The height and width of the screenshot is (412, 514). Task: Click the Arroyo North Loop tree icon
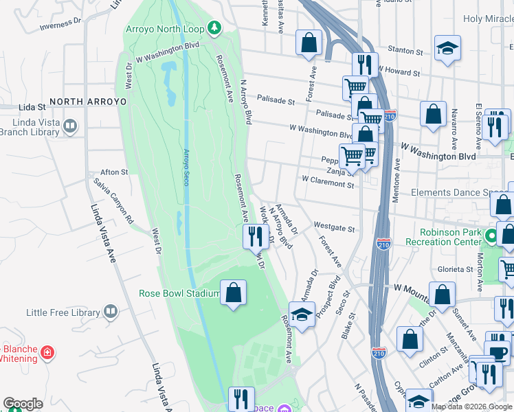point(216,27)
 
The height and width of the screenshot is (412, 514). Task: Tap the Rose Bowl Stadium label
point(178,293)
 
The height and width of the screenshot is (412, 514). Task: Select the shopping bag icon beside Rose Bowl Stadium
point(234,293)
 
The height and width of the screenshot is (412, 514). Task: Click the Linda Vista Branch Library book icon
point(70,126)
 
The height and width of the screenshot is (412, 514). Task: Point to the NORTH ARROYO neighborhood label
point(88,101)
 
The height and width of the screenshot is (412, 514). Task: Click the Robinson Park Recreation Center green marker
point(491,237)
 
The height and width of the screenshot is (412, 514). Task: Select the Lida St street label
point(32,108)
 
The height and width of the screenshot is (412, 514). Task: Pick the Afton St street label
point(114,172)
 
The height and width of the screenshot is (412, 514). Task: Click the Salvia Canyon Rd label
point(115,203)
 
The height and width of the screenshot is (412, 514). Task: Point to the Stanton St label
point(405,51)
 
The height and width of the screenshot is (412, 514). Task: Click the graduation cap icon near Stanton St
point(447,48)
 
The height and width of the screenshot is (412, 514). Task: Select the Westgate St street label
point(334,227)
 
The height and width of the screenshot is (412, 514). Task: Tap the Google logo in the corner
point(23,404)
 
